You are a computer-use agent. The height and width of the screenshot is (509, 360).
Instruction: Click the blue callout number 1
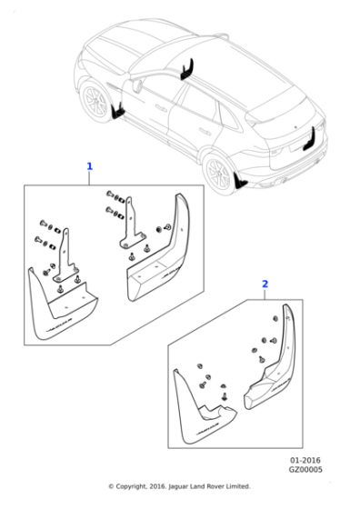89,166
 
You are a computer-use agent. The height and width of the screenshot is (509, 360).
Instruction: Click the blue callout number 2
265,284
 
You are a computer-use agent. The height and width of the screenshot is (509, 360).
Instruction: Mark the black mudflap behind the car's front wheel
117,111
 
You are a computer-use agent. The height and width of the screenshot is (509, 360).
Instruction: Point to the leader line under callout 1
89,177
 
